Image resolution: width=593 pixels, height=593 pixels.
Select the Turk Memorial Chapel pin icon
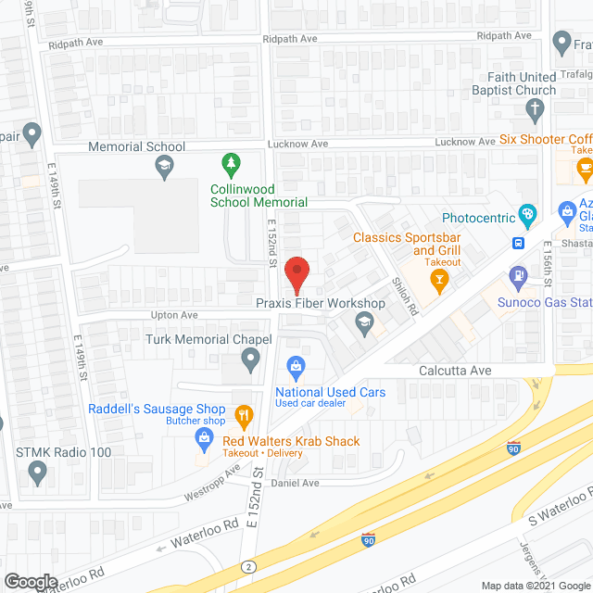point(249,363)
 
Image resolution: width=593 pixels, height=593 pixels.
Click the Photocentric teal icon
point(528,217)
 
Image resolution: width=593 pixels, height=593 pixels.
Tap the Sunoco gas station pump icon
point(517,275)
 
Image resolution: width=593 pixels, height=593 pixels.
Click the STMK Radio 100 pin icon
point(37,473)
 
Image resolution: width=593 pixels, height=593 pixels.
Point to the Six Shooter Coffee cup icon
point(584,168)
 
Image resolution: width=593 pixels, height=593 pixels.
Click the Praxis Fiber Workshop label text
point(320,303)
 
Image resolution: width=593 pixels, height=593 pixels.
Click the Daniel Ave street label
point(295,483)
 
